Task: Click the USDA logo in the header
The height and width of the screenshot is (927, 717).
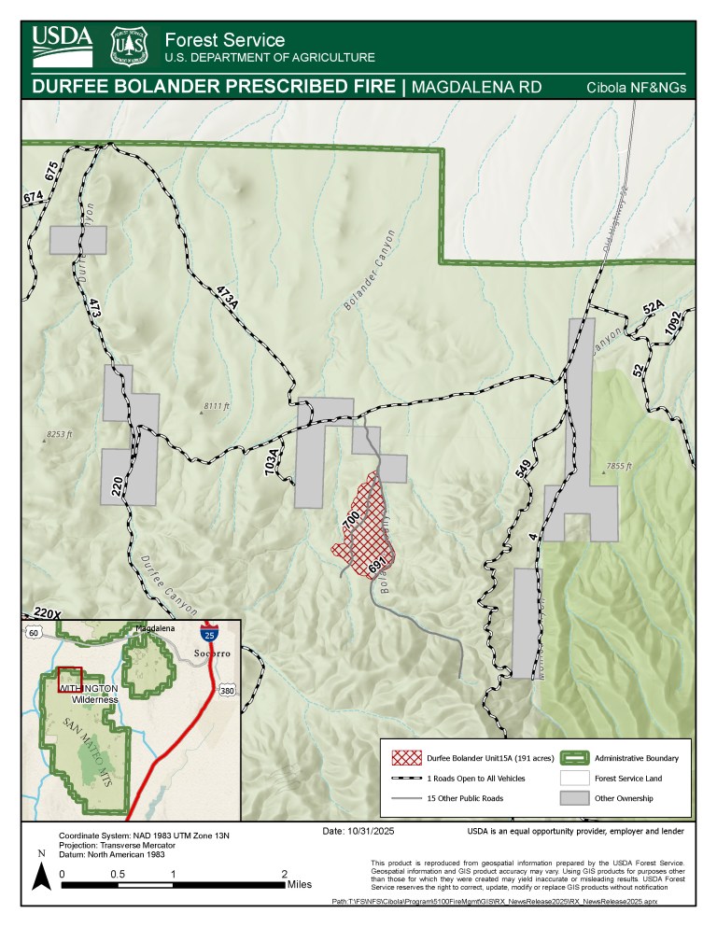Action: click(63, 44)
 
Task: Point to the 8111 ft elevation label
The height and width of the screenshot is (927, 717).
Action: click(215, 406)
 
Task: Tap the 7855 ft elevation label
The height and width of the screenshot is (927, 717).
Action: click(619, 466)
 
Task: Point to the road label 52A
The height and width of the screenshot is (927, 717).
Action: click(653, 307)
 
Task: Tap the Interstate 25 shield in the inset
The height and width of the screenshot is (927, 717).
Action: click(210, 635)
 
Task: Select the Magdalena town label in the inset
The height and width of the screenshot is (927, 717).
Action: click(155, 630)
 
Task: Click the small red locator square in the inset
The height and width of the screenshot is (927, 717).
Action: click(70, 678)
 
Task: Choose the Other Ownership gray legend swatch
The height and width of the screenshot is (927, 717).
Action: click(576, 797)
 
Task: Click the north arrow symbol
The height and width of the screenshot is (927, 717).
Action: click(41, 876)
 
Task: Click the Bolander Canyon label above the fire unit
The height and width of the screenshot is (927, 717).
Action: click(370, 271)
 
